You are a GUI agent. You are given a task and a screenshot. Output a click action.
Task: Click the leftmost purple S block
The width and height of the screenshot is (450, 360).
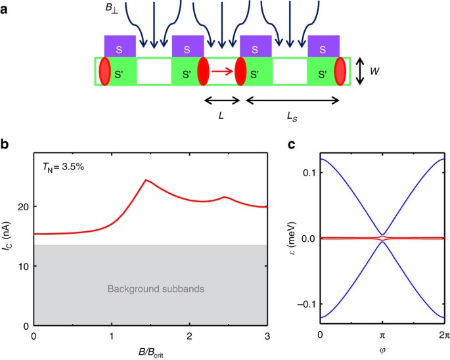tap(120, 47)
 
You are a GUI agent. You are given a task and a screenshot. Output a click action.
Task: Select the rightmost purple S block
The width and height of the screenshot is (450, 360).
tap(323, 47)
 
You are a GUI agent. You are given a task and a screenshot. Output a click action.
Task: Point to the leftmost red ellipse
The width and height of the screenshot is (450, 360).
tap(104, 72)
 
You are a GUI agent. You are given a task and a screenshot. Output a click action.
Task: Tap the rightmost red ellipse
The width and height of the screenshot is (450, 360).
tap(339, 72)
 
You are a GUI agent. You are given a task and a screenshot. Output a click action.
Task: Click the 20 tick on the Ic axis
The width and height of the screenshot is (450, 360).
tap(24, 207)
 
